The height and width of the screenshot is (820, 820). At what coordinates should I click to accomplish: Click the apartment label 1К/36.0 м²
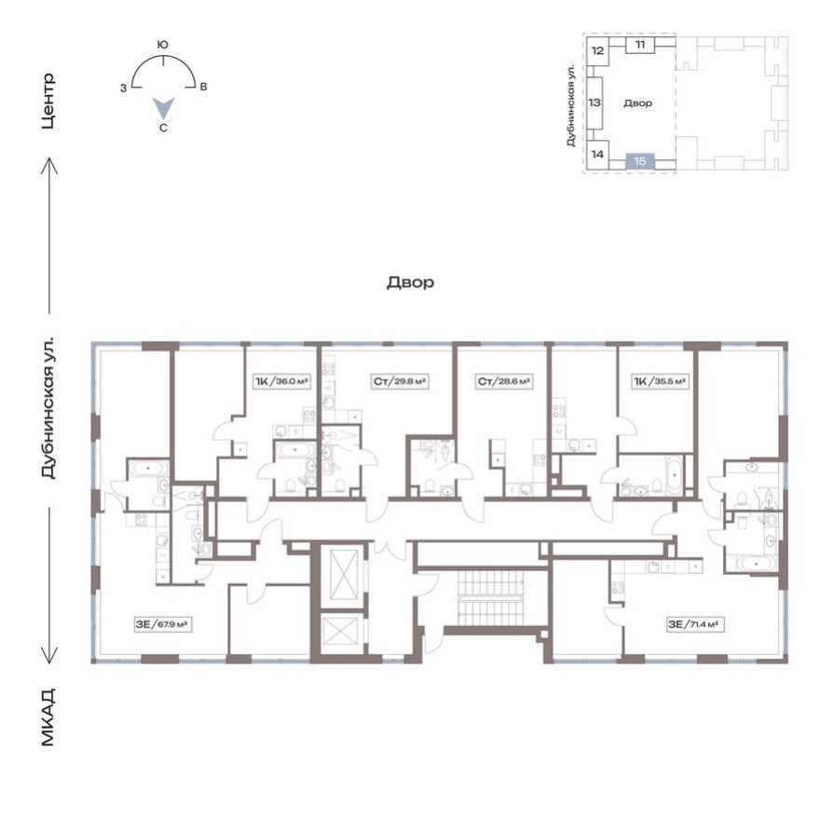tap(281, 380)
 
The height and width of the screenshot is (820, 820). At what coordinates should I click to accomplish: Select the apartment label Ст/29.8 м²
tap(400, 380)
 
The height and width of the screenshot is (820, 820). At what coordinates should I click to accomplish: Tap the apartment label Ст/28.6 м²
tap(504, 380)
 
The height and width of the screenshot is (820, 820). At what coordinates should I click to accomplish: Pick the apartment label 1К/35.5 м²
tap(660, 380)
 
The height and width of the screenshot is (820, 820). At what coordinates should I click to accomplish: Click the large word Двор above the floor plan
tap(410, 282)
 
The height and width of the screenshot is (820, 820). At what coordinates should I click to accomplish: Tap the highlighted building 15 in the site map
tap(639, 160)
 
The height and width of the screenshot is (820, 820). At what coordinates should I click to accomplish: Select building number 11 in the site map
tap(639, 45)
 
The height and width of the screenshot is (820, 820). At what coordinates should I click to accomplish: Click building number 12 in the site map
tap(597, 51)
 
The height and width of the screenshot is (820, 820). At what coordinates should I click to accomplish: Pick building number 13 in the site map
tap(594, 102)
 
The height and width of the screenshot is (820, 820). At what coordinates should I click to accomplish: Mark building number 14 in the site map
tap(597, 154)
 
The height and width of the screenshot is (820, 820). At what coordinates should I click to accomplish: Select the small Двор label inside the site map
tap(638, 103)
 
